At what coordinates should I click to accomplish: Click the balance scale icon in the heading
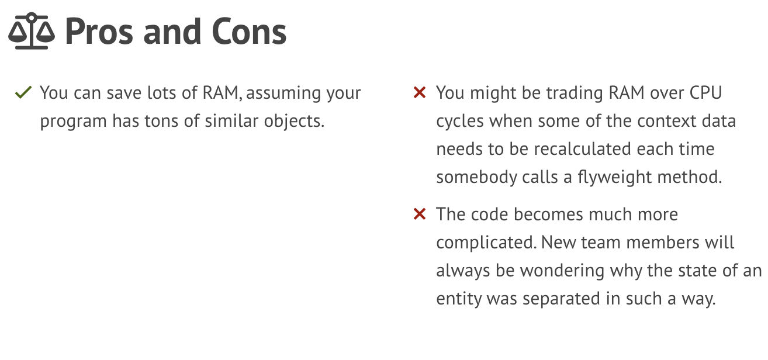pyautogui.click(x=32, y=31)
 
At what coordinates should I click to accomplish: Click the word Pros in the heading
pyautogui.click(x=99, y=32)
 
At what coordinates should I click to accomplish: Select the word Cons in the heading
pyautogui.click(x=249, y=32)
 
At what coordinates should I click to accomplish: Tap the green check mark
pyautogui.click(x=23, y=92)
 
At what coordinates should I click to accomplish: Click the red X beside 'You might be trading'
pyautogui.click(x=420, y=92)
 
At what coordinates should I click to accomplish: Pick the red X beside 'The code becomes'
pyautogui.click(x=420, y=214)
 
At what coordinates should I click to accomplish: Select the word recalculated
pyautogui.click(x=582, y=149)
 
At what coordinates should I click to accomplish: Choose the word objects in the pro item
pyautogui.click(x=294, y=122)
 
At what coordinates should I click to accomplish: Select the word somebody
pyautogui.click(x=476, y=178)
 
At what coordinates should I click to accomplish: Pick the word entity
pyautogui.click(x=458, y=299)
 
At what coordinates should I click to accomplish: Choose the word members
pyautogui.click(x=663, y=243)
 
